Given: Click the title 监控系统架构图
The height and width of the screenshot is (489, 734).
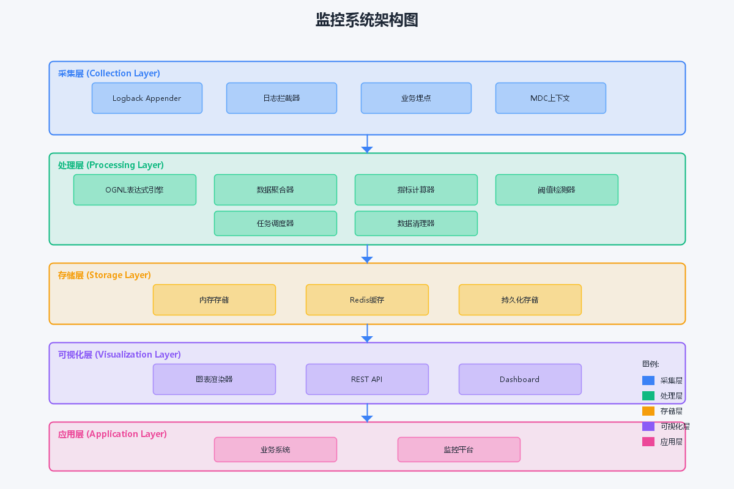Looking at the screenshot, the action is (x=366, y=20).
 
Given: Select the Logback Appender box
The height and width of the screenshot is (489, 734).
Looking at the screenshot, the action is (x=147, y=98).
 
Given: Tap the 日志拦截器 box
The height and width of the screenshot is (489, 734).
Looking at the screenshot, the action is (x=281, y=98).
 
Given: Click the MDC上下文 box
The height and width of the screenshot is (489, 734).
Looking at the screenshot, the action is (x=550, y=98).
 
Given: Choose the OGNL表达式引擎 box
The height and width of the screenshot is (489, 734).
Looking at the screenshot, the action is (x=135, y=190).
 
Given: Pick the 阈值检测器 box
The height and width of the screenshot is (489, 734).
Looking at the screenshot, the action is (x=557, y=190).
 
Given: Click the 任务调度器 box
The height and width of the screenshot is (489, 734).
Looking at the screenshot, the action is (x=275, y=223).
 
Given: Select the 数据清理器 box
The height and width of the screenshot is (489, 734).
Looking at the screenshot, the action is (x=416, y=223).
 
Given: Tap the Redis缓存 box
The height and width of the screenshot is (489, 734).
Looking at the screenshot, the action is (x=367, y=300).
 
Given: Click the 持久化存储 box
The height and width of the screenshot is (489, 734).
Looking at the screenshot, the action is (x=520, y=300).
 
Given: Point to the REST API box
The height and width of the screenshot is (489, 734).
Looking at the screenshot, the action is (x=367, y=379).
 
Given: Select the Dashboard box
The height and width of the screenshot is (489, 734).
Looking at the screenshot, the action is (x=520, y=379).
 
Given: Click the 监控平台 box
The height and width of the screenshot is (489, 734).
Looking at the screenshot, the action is (x=459, y=450).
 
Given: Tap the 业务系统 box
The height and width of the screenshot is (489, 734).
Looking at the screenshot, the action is (x=275, y=450).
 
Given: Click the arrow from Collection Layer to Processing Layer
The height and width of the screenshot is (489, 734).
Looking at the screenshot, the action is (x=367, y=144).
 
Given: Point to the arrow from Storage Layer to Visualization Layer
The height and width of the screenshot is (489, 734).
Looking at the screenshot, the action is (x=367, y=333).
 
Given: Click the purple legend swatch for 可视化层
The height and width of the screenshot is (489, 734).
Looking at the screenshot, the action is (x=648, y=427).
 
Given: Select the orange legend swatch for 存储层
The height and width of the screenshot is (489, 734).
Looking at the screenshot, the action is (x=648, y=411).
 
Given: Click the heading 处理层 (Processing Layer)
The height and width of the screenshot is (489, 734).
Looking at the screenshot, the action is (x=111, y=165).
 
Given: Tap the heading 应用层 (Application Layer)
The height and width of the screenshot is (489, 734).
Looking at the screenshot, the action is (x=113, y=435).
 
